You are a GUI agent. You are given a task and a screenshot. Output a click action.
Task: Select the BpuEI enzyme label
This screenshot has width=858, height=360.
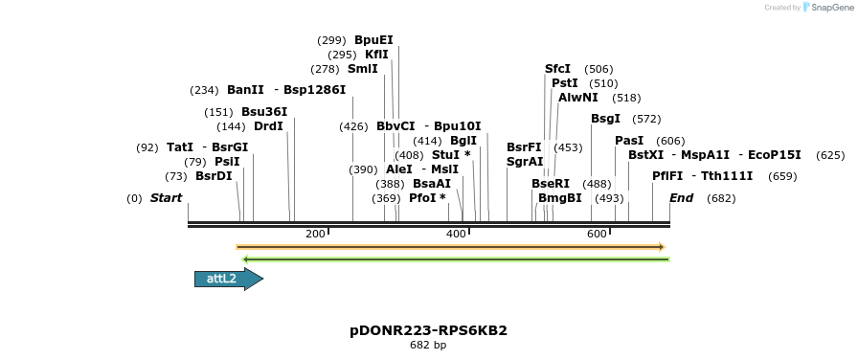tap(373, 40)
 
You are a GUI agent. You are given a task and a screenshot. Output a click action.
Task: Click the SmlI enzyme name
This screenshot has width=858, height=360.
tap(362, 69)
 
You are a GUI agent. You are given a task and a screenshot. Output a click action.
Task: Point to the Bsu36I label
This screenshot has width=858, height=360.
tap(264, 112)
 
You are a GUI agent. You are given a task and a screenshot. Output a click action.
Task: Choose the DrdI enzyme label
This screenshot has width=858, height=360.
tap(268, 126)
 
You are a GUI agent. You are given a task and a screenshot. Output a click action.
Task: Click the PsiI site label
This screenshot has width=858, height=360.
tap(227, 162)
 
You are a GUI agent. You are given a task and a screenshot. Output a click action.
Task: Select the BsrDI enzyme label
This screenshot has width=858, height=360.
tap(214, 176)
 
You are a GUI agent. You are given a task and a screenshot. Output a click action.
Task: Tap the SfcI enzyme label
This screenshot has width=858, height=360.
tap(557, 69)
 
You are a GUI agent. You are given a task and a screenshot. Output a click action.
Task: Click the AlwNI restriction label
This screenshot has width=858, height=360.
tap(577, 98)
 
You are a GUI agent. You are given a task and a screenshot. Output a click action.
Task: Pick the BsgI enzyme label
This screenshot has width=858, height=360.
tap(605, 119)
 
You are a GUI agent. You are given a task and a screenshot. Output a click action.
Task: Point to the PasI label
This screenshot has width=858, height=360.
tap(629, 141)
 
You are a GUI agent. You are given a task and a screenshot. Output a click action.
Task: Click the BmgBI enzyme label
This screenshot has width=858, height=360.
tap(559, 198)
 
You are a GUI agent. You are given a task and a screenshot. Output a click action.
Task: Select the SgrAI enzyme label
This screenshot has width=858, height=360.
tap(525, 162)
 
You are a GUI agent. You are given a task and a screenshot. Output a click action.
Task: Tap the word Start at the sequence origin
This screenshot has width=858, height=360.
tap(166, 198)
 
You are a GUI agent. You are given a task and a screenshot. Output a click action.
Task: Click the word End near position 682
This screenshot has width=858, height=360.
tap(681, 198)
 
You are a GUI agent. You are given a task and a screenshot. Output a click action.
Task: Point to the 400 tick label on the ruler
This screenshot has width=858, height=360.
tap(456, 235)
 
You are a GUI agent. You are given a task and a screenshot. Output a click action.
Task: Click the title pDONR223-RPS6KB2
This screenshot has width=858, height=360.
tap(428, 330)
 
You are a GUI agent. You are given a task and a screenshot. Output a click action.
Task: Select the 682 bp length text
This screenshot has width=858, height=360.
tap(428, 346)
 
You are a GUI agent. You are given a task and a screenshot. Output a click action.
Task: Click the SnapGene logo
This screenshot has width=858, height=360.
tap(826, 8)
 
